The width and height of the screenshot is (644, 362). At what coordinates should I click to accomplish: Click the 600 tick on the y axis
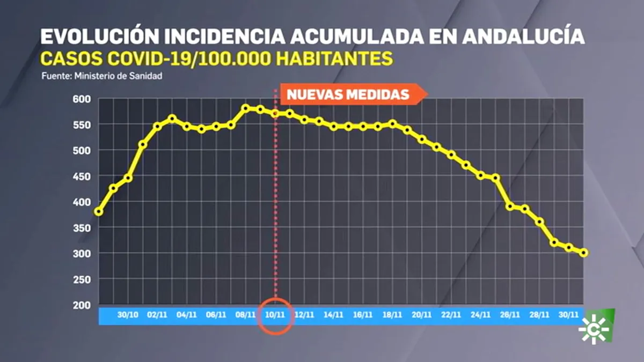(x=82, y=99)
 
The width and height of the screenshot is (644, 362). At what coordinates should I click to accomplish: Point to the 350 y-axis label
(x=82, y=228)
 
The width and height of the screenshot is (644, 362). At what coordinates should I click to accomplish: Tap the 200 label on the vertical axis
(x=82, y=305)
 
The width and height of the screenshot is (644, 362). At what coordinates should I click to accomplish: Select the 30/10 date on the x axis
(x=128, y=315)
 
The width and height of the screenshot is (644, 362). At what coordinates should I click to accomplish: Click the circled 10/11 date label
(x=275, y=315)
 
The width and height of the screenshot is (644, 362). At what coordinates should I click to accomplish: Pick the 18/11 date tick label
(x=392, y=315)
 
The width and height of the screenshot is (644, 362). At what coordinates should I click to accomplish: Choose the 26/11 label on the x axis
(x=510, y=315)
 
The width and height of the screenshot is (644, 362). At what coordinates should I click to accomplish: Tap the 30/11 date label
(x=569, y=315)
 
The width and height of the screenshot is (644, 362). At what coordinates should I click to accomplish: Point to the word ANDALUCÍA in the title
(x=524, y=36)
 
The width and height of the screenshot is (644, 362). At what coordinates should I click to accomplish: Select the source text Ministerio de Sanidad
(x=118, y=76)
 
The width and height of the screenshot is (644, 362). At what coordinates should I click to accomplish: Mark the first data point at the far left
(x=99, y=212)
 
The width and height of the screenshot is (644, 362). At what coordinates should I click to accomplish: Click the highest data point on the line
(x=246, y=108)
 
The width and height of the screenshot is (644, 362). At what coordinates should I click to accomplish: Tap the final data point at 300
(x=584, y=253)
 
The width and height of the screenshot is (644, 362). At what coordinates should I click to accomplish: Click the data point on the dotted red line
(x=275, y=114)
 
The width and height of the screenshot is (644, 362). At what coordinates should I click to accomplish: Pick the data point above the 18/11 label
(x=393, y=124)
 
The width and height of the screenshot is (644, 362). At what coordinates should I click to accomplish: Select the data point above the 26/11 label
(x=510, y=206)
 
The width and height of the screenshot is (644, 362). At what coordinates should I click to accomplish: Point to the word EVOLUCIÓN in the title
(x=99, y=36)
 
